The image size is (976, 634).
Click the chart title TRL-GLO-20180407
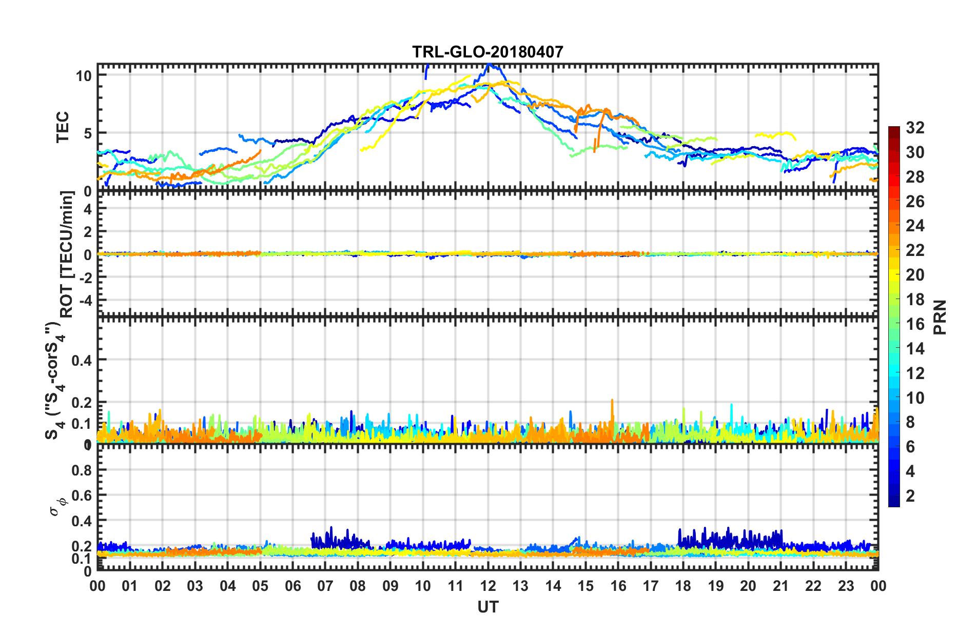coord(487,52)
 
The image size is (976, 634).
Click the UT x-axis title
coord(487,607)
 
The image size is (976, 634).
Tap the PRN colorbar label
coord(940,318)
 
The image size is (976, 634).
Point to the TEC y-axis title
coord(63,128)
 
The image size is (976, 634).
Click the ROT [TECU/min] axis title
coord(67,254)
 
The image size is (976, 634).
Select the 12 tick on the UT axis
coord(487,586)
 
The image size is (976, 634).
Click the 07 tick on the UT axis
coord(325,586)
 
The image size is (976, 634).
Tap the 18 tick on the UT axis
coord(682,586)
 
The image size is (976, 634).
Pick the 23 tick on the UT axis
coord(845,586)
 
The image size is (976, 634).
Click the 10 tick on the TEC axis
coord(83,76)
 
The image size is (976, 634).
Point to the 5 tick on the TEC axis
coord(87,133)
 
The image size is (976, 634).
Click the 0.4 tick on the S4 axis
coord(81,360)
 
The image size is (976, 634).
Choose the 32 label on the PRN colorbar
coord(915,128)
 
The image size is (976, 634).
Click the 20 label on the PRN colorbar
coord(915,275)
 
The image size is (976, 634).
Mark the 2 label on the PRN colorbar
coord(911,496)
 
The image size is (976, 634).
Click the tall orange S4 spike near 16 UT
coord(612,402)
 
